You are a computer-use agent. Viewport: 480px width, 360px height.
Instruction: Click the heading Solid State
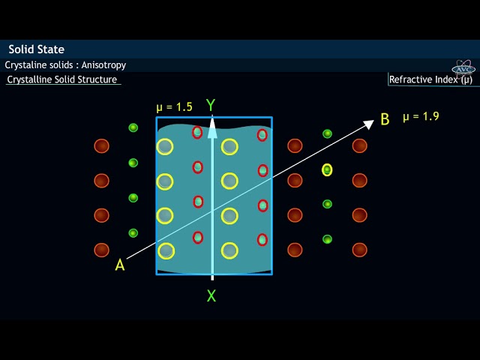[36, 49]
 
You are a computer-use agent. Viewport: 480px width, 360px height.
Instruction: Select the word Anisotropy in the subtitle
[103, 65]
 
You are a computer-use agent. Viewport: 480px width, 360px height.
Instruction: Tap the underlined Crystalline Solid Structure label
[62, 79]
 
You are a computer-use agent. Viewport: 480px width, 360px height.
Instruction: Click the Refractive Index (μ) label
[430, 79]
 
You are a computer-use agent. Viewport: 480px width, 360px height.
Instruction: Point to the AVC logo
[464, 67]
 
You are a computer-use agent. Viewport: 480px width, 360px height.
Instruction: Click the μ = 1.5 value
[174, 107]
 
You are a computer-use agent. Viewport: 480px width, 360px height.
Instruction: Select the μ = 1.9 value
[421, 116]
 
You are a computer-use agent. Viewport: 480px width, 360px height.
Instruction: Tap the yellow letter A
[120, 265]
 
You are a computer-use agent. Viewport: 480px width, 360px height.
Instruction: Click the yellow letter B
[385, 119]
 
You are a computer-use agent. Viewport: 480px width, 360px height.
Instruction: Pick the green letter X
[211, 296]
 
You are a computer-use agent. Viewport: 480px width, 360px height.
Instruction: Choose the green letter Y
[211, 105]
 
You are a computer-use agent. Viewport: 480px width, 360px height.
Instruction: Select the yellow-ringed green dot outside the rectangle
[327, 169]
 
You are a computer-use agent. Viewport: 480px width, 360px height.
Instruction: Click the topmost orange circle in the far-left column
[101, 145]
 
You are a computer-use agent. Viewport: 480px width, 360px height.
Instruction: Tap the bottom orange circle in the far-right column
[360, 250]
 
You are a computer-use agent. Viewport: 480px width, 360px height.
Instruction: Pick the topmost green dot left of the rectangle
[133, 127]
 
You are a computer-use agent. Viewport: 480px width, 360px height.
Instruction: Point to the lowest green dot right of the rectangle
[327, 239]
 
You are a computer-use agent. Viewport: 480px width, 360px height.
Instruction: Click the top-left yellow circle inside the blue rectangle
[165, 146]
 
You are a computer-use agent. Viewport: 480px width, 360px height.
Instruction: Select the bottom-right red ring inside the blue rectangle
[262, 239]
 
